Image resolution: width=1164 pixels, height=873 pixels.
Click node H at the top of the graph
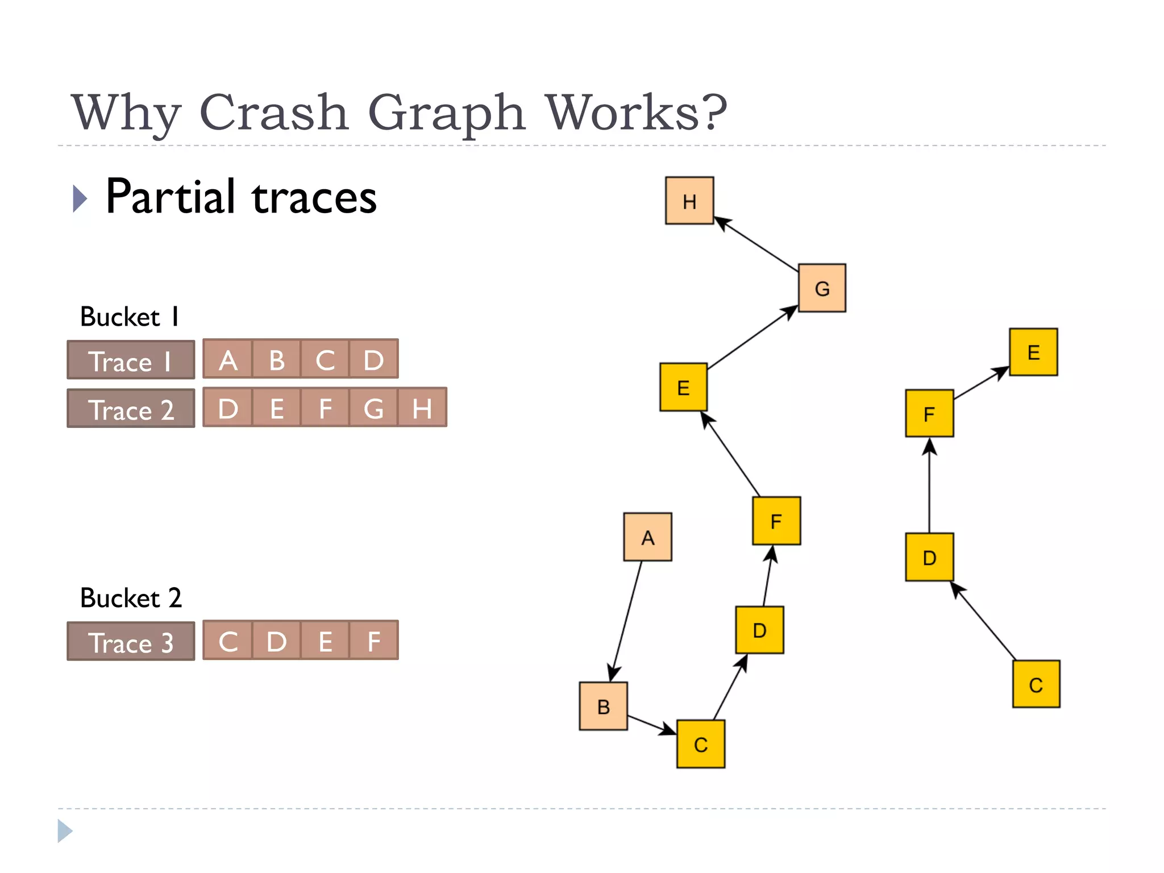pyautogui.click(x=689, y=201)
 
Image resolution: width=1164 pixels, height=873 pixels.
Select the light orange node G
pyautogui.click(x=821, y=288)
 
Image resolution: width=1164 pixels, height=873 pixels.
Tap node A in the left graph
pyautogui.click(x=647, y=537)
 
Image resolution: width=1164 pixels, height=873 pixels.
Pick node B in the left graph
pyautogui.click(x=603, y=706)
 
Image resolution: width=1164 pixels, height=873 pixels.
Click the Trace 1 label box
pyautogui.click(x=131, y=360)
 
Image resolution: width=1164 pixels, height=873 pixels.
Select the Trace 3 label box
pyautogui.click(x=131, y=642)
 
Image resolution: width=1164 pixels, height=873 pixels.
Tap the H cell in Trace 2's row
pyautogui.click(x=422, y=408)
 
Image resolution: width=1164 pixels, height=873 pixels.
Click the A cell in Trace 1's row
pyautogui.click(x=228, y=359)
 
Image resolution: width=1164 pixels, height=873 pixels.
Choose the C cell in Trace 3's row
pyautogui.click(x=228, y=641)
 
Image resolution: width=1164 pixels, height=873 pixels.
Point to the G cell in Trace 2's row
pyautogui.click(x=373, y=408)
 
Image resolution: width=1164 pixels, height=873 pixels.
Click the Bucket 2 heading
pyautogui.click(x=131, y=598)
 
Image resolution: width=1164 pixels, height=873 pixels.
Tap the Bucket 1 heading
pyautogui.click(x=130, y=317)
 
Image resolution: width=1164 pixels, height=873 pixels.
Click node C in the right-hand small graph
pyautogui.click(x=1036, y=684)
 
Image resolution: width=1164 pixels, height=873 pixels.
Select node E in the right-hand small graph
pyautogui.click(x=1033, y=352)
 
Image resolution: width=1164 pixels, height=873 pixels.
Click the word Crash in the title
pyautogui.click(x=273, y=112)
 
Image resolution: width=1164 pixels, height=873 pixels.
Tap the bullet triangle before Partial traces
pyautogui.click(x=80, y=198)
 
